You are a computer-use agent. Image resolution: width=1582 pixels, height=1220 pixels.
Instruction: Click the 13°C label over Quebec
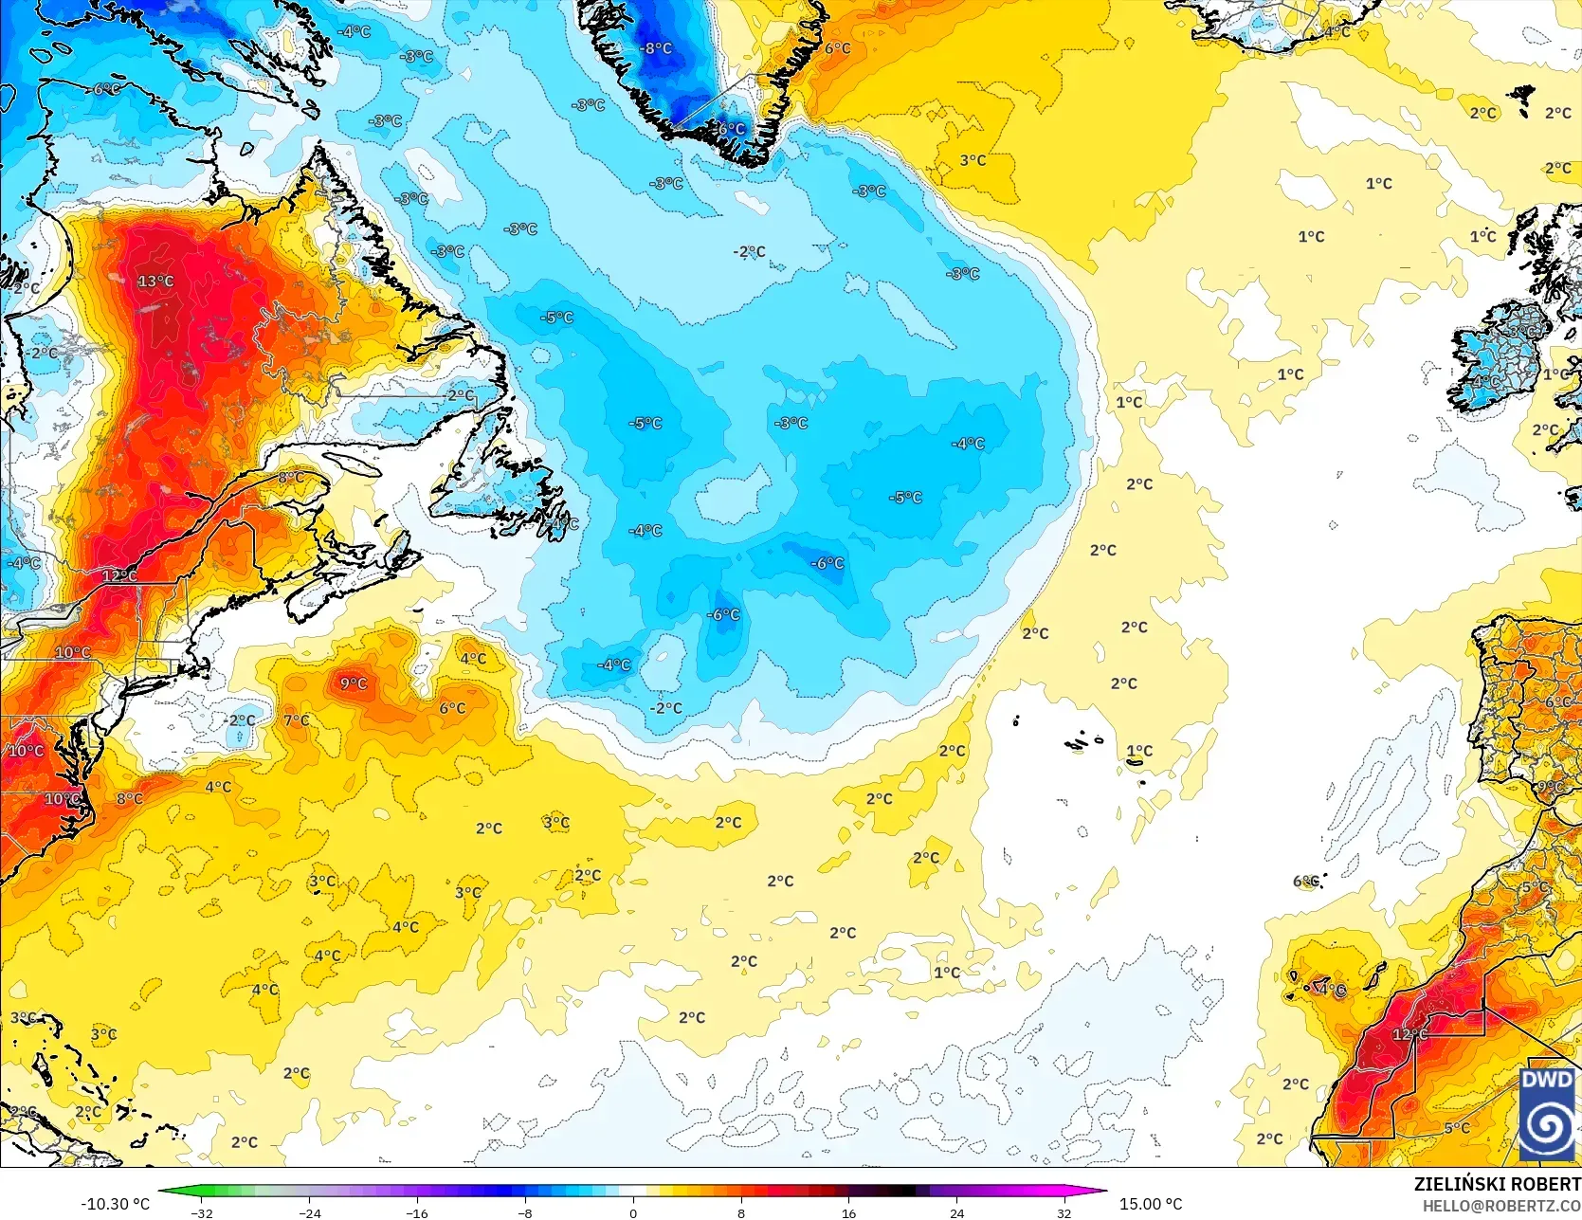pos(155,282)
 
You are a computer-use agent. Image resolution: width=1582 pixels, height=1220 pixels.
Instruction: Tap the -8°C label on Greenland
pos(655,48)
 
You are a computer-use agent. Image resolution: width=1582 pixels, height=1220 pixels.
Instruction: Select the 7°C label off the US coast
pos(296,720)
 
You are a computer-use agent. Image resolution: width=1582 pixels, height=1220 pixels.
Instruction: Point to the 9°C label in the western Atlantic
pos(354,683)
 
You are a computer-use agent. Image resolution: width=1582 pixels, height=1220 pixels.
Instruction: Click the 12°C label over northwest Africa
pos(1409,1034)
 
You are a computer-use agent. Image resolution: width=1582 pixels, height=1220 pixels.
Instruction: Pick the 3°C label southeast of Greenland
pos(973,160)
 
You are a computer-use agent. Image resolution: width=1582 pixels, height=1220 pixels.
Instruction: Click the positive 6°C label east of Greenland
pos(837,48)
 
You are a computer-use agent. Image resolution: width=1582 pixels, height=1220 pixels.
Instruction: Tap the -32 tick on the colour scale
pos(202,1212)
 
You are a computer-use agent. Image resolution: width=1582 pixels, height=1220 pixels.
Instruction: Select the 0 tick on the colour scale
pos(633,1212)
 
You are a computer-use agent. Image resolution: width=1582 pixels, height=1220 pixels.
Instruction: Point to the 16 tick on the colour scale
pos(848,1212)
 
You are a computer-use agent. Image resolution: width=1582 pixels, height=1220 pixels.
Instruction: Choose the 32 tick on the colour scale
pos(1064,1212)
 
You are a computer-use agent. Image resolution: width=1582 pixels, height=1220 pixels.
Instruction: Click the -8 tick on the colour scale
pos(524,1212)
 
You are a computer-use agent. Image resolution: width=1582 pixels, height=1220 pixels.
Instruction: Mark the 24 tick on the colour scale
pos(956,1212)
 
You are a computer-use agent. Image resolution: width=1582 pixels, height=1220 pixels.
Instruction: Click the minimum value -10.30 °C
pos(115,1204)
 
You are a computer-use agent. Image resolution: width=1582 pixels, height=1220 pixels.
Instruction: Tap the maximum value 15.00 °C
pos(1151,1204)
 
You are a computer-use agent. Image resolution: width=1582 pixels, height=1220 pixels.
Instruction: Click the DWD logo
pos(1547,1113)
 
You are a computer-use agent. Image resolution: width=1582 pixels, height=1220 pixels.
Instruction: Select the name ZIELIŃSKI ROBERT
pos(1497,1184)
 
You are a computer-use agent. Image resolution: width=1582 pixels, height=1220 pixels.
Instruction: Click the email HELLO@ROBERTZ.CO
pos(1501,1205)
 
